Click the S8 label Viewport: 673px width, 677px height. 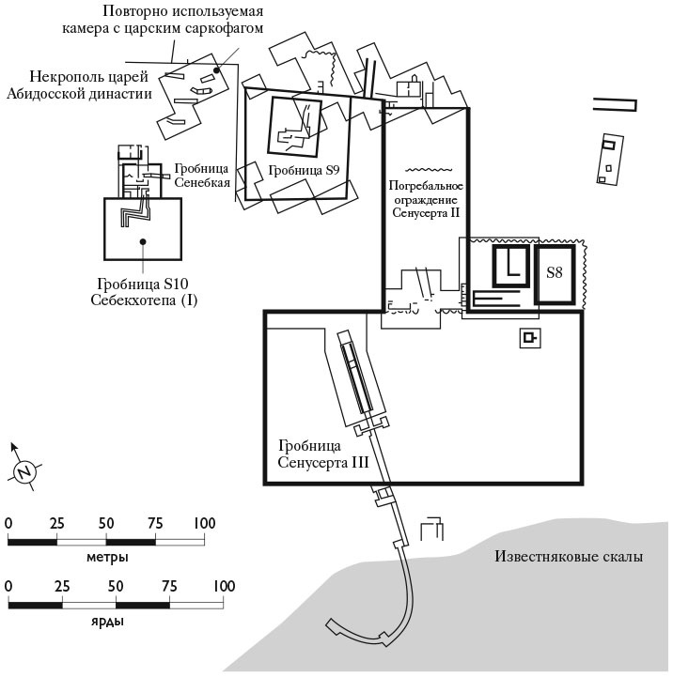coord(555,273)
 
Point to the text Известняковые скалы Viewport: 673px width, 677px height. coord(569,557)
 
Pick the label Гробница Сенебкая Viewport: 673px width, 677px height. coord(201,175)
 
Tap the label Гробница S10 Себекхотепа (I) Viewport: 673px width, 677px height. coord(143,291)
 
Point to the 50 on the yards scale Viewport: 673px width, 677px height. coord(116,587)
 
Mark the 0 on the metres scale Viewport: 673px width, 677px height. coord(8,523)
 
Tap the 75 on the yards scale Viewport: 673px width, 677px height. coord(168,587)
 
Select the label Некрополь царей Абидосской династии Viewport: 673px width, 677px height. coord(91,85)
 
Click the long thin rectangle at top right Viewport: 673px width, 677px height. coord(616,104)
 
